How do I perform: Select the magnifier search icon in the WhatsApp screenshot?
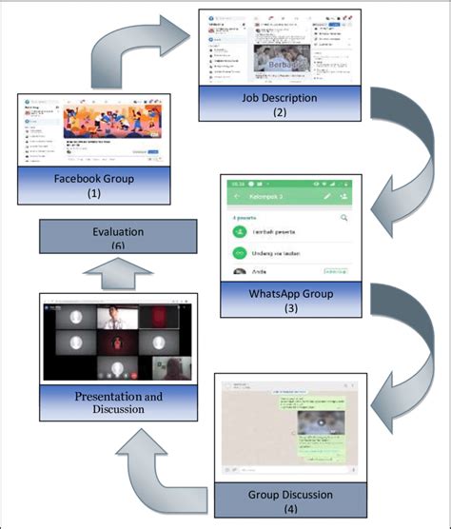tap(343, 218)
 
